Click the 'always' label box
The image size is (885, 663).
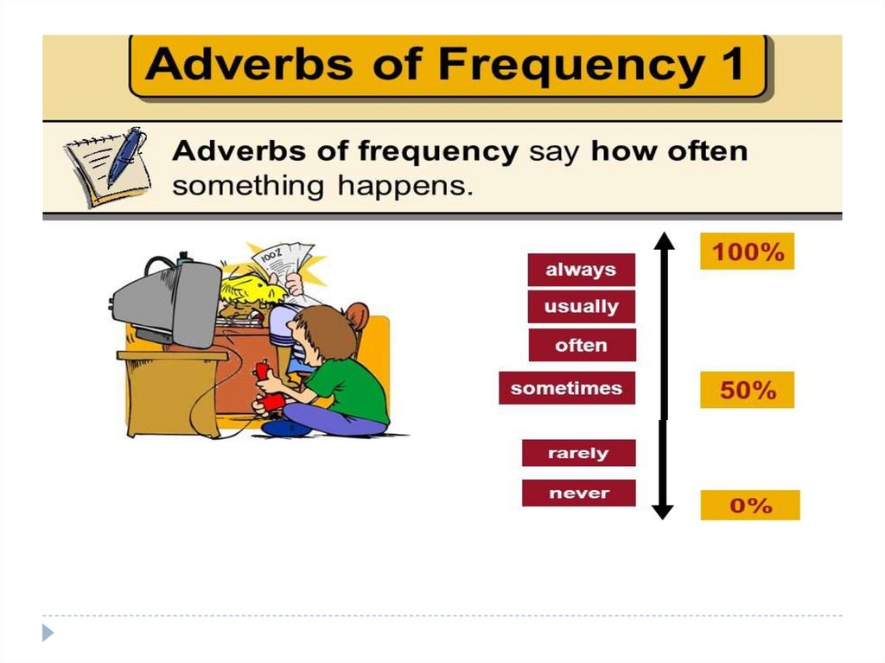(582, 270)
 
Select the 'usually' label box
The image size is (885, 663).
(582, 307)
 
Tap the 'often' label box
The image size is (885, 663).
(582, 345)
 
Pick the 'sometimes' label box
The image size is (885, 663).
(567, 388)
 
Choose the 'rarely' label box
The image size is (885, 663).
(578, 453)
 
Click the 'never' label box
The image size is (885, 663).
(578, 493)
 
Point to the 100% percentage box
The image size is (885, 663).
(748, 252)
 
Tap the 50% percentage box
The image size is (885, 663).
(748, 390)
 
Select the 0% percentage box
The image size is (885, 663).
(750, 505)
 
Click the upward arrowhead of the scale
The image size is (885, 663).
(665, 240)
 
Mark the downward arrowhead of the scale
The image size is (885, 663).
(663, 511)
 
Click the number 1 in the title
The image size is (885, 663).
(733, 63)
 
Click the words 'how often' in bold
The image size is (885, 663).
(669, 150)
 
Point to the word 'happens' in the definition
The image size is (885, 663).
(405, 186)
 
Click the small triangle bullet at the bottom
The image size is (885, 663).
(48, 633)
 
